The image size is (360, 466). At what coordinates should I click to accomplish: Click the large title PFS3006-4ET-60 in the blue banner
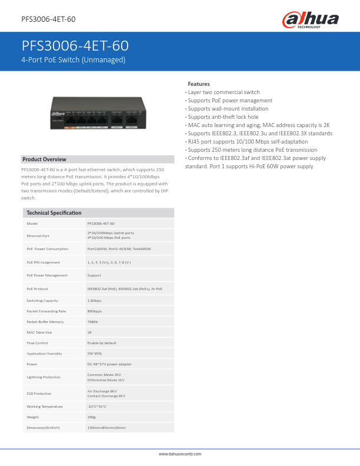(75, 46)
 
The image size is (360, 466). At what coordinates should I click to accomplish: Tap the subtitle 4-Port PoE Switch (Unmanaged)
(74, 60)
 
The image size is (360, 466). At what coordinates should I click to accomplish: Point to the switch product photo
(98, 113)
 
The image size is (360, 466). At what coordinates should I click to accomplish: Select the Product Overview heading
(45, 159)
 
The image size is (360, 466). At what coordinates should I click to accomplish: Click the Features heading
(199, 84)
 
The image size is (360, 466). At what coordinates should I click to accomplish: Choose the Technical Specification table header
(54, 212)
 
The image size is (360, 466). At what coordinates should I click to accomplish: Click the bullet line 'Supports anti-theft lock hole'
(222, 117)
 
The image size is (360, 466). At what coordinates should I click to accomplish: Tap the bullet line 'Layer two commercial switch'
(223, 92)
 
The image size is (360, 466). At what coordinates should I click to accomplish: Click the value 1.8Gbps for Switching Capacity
(94, 301)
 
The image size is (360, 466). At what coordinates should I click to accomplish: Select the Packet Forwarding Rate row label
(46, 311)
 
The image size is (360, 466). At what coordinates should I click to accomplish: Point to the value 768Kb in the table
(92, 322)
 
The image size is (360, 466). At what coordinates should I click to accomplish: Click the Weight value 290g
(91, 417)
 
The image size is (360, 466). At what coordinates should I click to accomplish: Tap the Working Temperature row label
(45, 407)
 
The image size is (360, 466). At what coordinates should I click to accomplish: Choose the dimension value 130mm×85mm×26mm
(106, 428)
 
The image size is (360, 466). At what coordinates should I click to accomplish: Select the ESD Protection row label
(39, 393)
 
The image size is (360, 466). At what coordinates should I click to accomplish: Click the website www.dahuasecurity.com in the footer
(180, 454)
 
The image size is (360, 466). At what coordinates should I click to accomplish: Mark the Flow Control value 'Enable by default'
(102, 343)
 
